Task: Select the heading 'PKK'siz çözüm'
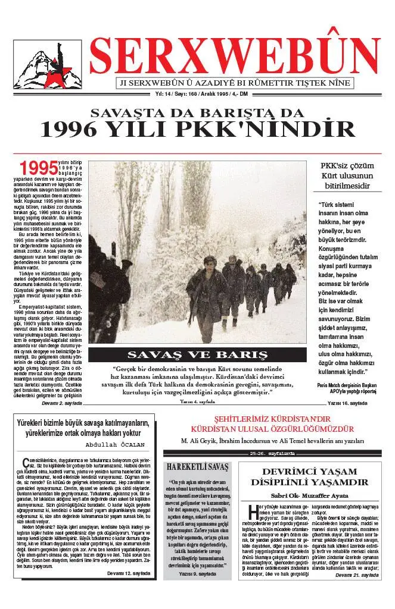[x=347, y=165]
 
